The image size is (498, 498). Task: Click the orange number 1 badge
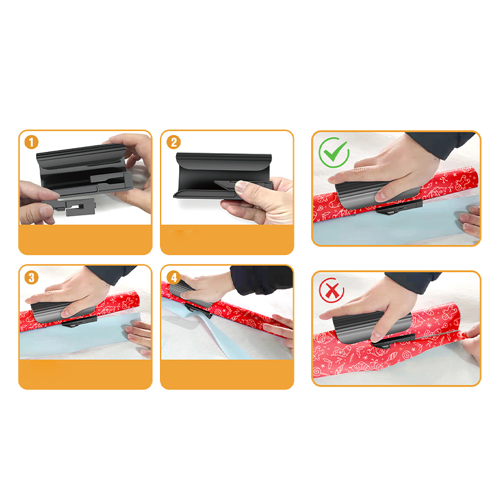coord(31,143)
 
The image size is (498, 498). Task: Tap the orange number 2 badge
coord(174,143)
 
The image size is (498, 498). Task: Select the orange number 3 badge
coord(31,278)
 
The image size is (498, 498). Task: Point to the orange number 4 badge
coord(174,278)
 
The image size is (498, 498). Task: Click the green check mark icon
coord(334,153)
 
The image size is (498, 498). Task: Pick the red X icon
coord(332,290)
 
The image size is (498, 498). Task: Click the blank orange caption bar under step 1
coord(85,239)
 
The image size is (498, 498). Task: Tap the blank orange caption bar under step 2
coord(227,239)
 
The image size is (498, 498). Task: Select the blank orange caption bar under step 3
coord(85,374)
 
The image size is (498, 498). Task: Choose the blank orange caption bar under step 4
coord(227,374)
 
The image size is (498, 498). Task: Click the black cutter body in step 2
coord(219,175)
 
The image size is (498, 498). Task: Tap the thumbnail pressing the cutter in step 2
coord(243,186)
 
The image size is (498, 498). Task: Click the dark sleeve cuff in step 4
coord(261,280)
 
